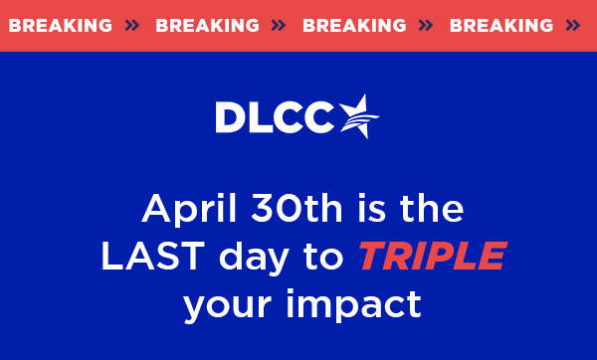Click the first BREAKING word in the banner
point(60,26)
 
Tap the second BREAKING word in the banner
point(207,26)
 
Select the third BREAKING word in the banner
point(354,26)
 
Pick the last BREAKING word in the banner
point(501,26)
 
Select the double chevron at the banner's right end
point(572,26)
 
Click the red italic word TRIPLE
point(431,258)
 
